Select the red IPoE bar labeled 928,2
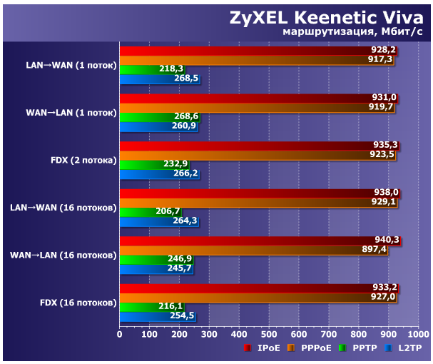[x=257, y=51]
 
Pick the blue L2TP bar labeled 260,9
[x=158, y=126]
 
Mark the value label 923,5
[x=382, y=154]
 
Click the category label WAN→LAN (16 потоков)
[x=63, y=254]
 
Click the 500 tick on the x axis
[x=268, y=334]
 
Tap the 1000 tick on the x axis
[x=417, y=334]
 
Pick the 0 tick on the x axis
[x=120, y=334]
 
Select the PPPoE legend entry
[x=311, y=349]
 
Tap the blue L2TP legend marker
[x=389, y=349]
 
